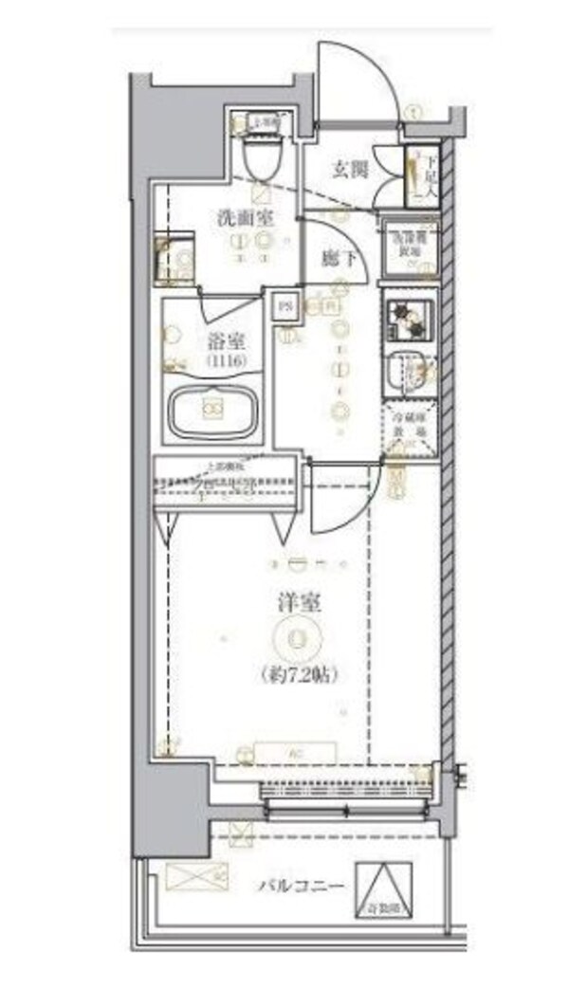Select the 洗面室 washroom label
pyautogui.click(x=245, y=216)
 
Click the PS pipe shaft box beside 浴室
pyautogui.click(x=285, y=307)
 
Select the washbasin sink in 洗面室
pyautogui.click(x=174, y=257)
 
